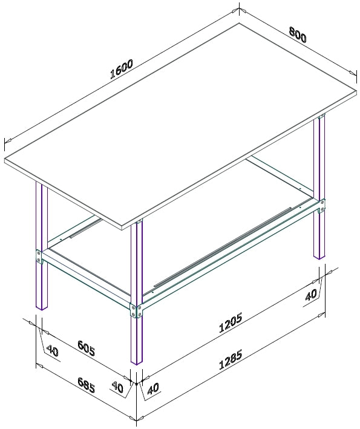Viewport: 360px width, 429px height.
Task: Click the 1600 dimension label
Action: (x=122, y=68)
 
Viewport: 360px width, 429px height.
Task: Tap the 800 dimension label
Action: (x=298, y=34)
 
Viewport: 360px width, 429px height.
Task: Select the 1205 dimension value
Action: (x=231, y=323)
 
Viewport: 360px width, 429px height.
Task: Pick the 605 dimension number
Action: (x=86, y=348)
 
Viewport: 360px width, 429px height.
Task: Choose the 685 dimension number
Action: (x=86, y=385)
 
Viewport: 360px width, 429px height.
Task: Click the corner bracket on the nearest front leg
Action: (x=137, y=310)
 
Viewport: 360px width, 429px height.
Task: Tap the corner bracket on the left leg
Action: (x=39, y=257)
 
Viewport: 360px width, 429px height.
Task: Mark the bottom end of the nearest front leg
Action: (x=137, y=362)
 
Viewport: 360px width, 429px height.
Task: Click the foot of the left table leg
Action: (x=42, y=307)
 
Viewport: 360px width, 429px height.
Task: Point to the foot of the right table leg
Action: (x=319, y=257)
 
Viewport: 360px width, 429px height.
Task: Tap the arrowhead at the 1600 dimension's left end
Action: (x=8, y=140)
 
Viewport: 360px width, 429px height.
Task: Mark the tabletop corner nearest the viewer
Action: (x=122, y=226)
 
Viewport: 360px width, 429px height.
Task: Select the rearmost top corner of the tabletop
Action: (x=240, y=23)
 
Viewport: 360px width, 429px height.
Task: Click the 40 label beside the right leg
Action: (x=311, y=295)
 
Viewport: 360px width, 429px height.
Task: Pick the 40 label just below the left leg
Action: (x=53, y=351)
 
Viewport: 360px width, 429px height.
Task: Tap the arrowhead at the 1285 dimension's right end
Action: (x=321, y=315)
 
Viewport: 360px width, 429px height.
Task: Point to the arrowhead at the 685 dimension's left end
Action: (x=40, y=366)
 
